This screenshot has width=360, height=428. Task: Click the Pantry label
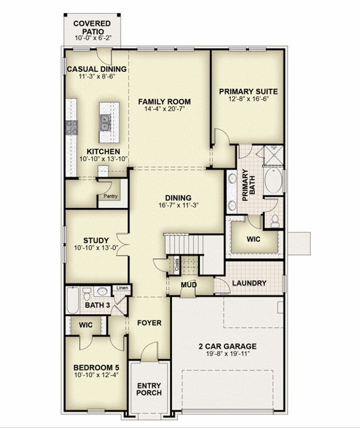(x=111, y=196)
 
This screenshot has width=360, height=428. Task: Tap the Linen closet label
(x=122, y=288)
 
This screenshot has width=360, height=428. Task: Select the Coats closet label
(x=177, y=265)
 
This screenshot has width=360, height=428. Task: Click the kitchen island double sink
(x=105, y=122)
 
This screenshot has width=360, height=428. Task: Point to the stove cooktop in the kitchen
(x=72, y=127)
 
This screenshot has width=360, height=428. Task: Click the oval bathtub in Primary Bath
(x=273, y=181)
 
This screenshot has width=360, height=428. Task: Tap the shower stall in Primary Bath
(x=274, y=155)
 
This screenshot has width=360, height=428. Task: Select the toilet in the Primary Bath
(x=275, y=221)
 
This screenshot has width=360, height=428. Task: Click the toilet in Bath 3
(x=87, y=294)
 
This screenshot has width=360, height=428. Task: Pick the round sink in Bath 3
(x=102, y=291)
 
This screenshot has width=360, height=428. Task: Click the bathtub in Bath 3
(x=72, y=300)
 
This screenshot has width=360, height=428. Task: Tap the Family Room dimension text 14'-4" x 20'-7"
(x=165, y=109)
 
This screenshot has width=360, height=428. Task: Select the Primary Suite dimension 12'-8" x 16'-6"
(x=249, y=98)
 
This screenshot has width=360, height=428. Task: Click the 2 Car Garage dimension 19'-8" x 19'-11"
(x=228, y=354)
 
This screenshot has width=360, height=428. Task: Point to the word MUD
(x=189, y=285)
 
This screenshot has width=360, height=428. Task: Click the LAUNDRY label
(x=249, y=283)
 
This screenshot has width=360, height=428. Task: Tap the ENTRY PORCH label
(x=149, y=389)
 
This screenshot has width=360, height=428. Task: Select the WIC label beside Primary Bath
(x=253, y=239)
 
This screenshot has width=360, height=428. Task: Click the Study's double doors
(x=122, y=244)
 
